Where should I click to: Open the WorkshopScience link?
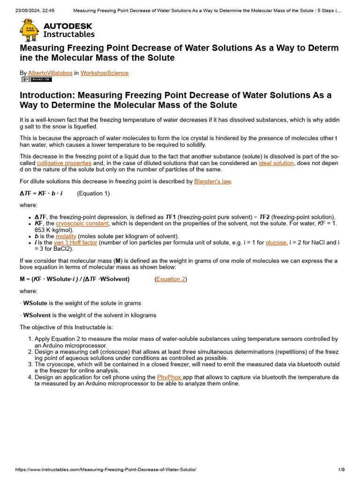[104, 73]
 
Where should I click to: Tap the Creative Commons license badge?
[37, 79]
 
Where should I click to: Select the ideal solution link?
[276, 163]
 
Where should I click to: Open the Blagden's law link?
[212, 181]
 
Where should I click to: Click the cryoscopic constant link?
[82, 224]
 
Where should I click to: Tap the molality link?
[66, 236]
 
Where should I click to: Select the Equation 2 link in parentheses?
[171, 279]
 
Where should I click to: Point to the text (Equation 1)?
[93, 193]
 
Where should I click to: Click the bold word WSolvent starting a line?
[37, 315]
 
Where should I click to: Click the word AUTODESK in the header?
[67, 26]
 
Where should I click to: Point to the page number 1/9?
[341, 470]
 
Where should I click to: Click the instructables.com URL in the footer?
[105, 470]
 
